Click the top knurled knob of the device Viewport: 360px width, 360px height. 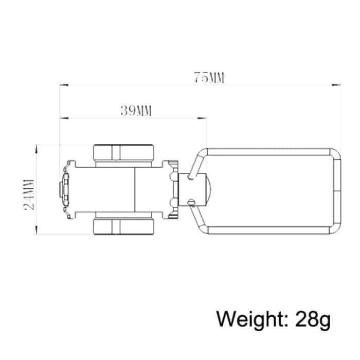tap(123, 153)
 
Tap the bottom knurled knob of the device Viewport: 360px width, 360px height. tap(123, 226)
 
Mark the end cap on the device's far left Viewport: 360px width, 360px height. tap(63, 189)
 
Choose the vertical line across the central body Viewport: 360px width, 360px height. tap(136, 189)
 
